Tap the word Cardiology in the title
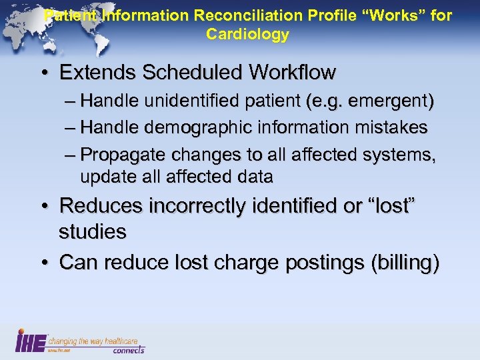247,35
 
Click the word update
101,177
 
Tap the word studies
93,232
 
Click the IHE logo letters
31,341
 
